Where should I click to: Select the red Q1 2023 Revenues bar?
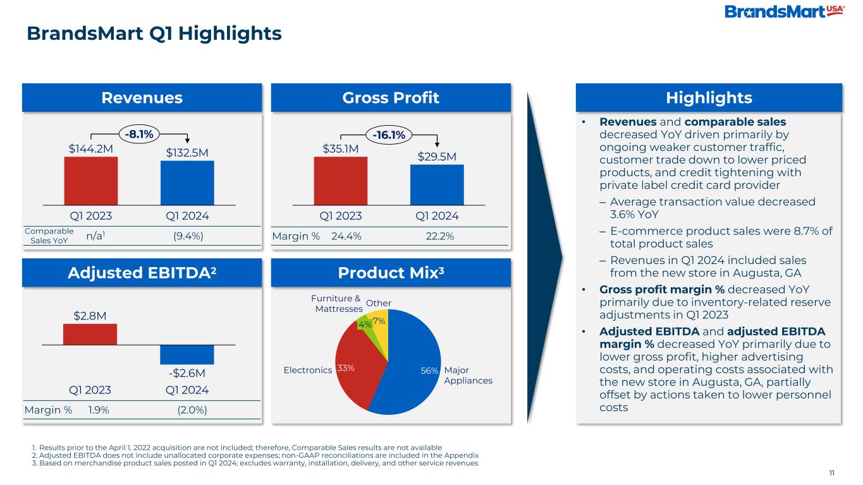tap(90, 181)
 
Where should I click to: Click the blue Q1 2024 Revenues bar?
tap(187, 183)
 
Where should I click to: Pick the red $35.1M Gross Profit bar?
tap(341, 181)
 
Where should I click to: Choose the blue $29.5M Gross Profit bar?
tap(437, 184)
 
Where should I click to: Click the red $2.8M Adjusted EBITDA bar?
tap(90, 334)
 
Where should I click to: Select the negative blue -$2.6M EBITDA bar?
tap(187, 354)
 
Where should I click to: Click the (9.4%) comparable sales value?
tap(188, 236)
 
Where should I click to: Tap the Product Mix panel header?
tap(390, 272)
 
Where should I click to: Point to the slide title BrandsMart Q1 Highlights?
tap(154, 33)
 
